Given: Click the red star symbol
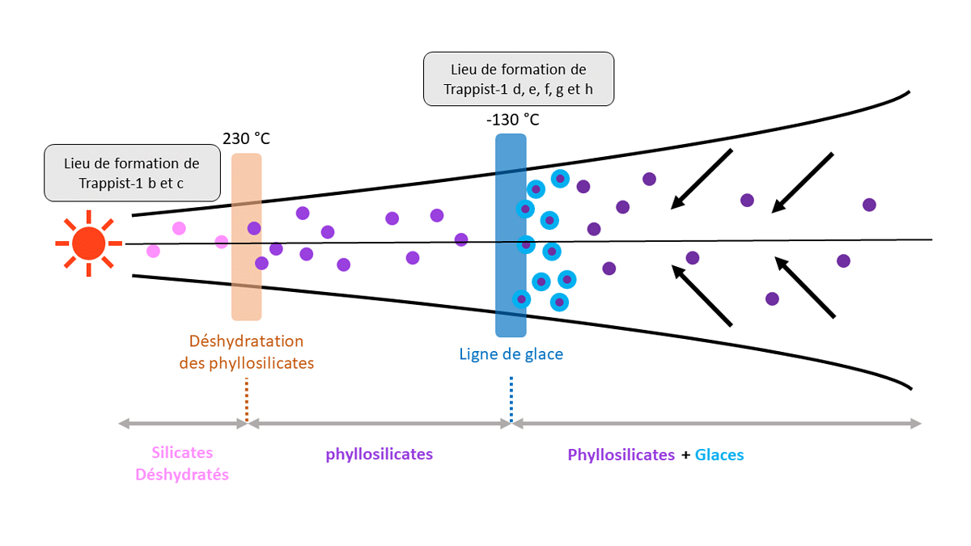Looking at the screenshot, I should tap(88, 242).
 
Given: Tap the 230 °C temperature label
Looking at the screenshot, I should tap(246, 138).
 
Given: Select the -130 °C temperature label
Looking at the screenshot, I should tap(512, 120).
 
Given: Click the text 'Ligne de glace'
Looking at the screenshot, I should tap(511, 354).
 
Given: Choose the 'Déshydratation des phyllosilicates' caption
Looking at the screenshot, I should tap(246, 352).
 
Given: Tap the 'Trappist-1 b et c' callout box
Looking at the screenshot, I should tap(132, 173).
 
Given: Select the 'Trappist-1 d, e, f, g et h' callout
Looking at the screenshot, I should tap(518, 79).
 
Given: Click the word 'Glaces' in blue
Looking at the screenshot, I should tap(719, 455).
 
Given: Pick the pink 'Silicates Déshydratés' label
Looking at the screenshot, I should tap(182, 463).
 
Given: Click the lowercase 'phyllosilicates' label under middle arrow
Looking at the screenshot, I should tap(379, 454).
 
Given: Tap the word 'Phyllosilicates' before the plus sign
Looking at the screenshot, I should tap(621, 455).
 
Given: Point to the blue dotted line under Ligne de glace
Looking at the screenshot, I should tap(511, 398).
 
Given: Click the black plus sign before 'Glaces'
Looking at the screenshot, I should tap(685, 455).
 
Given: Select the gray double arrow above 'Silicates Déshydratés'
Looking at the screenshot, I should tap(182, 423).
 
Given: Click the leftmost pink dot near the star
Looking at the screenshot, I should tap(153, 251).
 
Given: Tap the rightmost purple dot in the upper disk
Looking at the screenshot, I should tap(869, 205).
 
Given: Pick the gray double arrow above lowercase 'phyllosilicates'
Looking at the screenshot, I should tap(379, 423).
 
